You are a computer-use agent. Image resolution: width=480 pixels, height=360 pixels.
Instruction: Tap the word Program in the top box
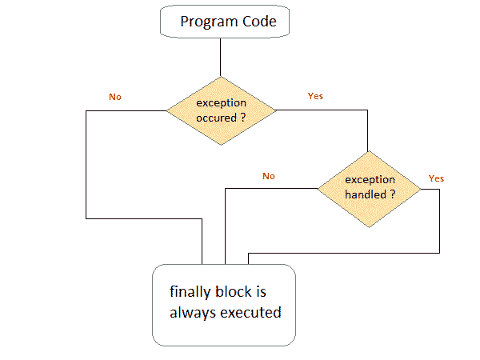(205, 22)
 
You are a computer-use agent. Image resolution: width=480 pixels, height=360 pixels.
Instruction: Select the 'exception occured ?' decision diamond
(220, 110)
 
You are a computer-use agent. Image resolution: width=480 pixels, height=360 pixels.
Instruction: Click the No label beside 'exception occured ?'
(115, 97)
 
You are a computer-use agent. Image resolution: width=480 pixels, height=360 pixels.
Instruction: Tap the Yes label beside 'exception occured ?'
(315, 96)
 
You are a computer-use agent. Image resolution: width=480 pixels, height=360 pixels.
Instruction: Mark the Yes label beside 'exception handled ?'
(436, 178)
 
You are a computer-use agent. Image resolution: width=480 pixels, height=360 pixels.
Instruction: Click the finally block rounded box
(224, 305)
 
